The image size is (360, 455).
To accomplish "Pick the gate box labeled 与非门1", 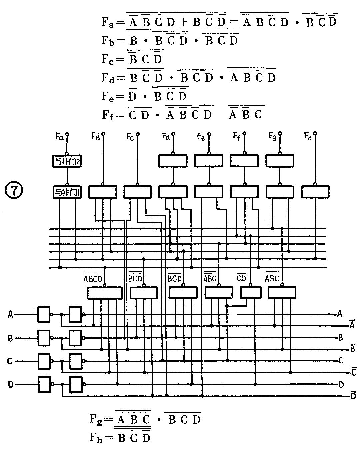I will [67, 192].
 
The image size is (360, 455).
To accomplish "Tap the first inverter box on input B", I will [44, 338].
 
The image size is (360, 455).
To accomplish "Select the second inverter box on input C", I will [75, 361].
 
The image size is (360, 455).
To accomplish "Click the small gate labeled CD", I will [251, 293].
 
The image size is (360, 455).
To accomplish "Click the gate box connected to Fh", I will [315, 192].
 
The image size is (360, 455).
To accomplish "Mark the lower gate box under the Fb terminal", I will [103, 192].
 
